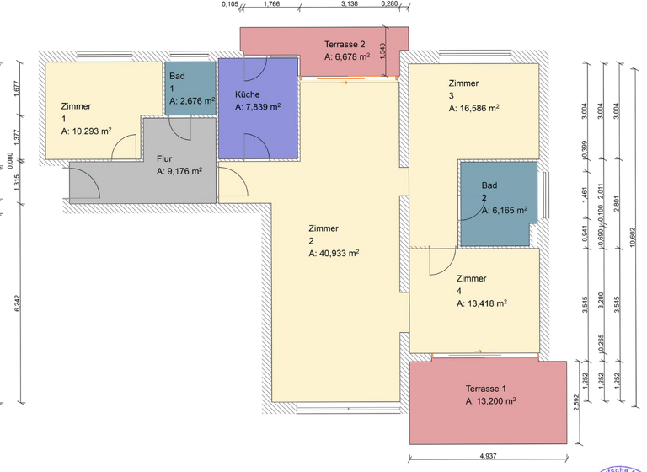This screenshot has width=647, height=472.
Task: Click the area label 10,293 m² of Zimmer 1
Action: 87,131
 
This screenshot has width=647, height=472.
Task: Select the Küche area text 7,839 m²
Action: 258,107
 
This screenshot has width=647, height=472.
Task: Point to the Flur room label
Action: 164,158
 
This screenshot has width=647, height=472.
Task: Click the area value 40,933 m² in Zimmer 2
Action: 334,252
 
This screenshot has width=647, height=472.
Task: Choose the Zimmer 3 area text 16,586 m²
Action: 473,108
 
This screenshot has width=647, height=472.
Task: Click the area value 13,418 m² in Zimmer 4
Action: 482,303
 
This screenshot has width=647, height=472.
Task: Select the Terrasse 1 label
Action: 487,389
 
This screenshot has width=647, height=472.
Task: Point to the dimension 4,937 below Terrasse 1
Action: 487,455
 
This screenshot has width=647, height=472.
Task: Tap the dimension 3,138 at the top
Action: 350,4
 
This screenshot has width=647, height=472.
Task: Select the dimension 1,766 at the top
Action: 272,4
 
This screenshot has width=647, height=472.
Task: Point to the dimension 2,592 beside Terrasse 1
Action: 576,402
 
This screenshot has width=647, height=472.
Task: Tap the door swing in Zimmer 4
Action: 439,263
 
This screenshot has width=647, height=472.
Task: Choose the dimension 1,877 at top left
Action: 16,88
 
